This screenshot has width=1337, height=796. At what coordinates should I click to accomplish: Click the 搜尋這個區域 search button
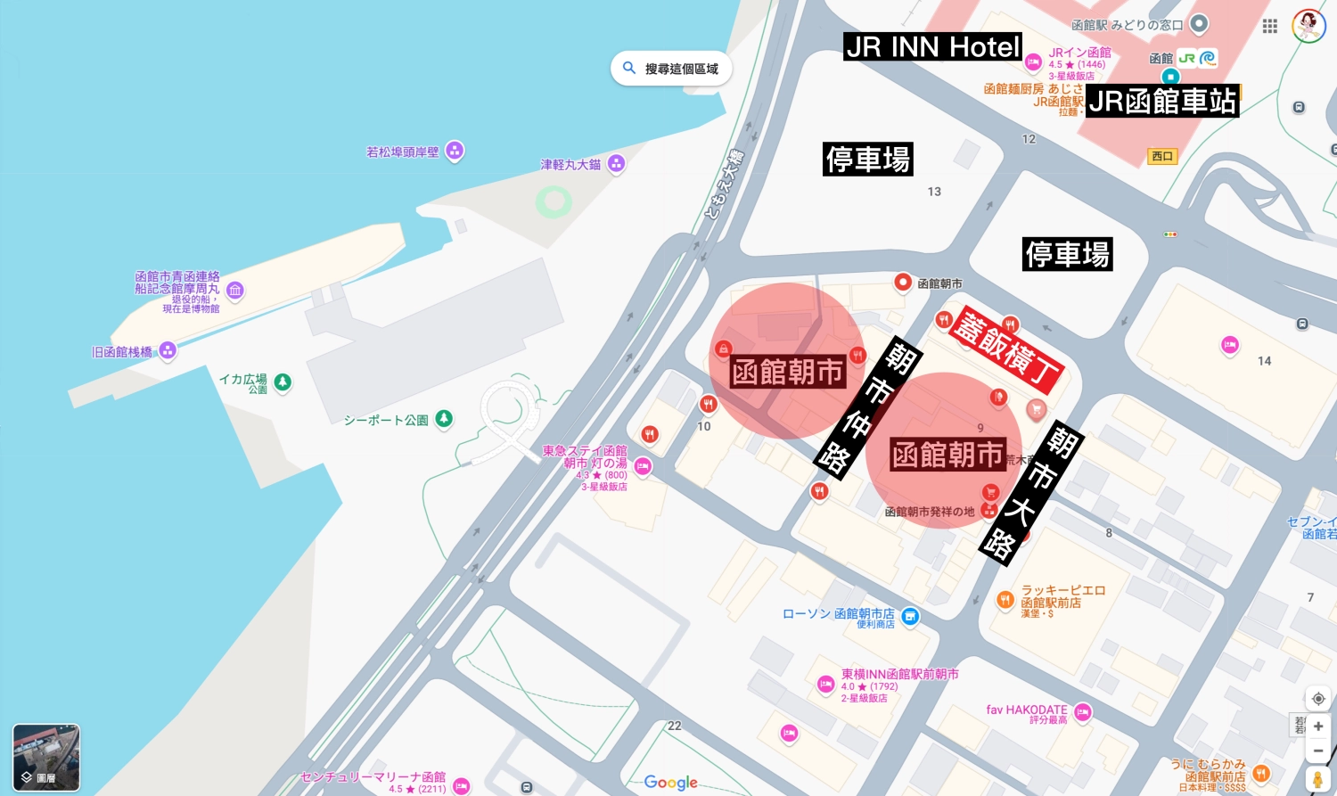[x=671, y=69]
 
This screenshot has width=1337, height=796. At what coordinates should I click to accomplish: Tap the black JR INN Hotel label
[x=932, y=47]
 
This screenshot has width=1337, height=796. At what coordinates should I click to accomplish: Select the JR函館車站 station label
[x=1162, y=102]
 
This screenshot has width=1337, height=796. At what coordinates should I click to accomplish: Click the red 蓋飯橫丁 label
[x=1007, y=348]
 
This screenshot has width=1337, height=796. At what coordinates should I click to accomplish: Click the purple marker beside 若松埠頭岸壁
[x=455, y=151]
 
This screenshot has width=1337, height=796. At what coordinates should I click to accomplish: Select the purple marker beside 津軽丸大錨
[x=616, y=164]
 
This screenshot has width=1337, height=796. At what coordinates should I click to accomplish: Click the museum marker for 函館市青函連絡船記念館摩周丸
[x=235, y=290]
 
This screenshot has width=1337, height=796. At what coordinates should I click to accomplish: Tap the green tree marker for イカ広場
[x=283, y=382]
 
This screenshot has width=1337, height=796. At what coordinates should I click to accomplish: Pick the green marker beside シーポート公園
[x=443, y=418]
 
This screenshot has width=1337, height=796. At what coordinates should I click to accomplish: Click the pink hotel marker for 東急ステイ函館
[x=643, y=466]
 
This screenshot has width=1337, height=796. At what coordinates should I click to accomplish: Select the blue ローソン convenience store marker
[x=910, y=616]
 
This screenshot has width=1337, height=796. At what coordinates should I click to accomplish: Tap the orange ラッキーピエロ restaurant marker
[x=1005, y=600]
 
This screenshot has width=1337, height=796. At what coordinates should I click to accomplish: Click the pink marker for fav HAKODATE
[x=1083, y=711]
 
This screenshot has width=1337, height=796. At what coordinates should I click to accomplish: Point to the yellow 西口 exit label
[x=1162, y=156]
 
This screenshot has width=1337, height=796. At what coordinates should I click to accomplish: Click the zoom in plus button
[x=1318, y=726]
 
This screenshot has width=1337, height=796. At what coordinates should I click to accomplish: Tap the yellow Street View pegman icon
[x=1318, y=779]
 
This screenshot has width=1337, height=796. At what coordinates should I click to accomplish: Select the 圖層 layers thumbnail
[x=46, y=758]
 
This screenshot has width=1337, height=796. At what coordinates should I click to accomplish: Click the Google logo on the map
[x=670, y=783]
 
